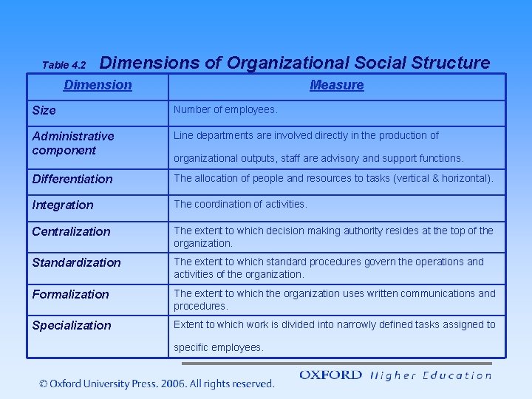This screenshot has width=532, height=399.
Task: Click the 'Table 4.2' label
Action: (x=64, y=65)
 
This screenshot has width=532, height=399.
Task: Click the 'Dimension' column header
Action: (x=98, y=85)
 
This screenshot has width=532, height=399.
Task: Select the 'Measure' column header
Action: (x=337, y=85)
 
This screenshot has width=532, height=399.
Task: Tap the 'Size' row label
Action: (x=44, y=111)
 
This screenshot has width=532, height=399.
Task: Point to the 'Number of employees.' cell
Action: (x=225, y=110)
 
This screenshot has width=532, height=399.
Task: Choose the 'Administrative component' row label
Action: (x=72, y=143)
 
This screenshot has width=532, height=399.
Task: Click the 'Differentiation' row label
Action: (x=72, y=179)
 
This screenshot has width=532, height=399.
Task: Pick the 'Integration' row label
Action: (x=63, y=205)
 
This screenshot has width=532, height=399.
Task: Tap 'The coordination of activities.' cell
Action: (x=240, y=204)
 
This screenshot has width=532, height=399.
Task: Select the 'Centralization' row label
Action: (x=71, y=231)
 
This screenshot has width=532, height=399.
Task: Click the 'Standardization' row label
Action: (x=76, y=262)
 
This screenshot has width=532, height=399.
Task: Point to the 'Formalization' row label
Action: (x=70, y=294)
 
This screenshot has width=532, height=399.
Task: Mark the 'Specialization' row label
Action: (x=72, y=325)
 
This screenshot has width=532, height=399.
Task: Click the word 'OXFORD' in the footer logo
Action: (x=330, y=375)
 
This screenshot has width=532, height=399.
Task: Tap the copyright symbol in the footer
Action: (x=44, y=383)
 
